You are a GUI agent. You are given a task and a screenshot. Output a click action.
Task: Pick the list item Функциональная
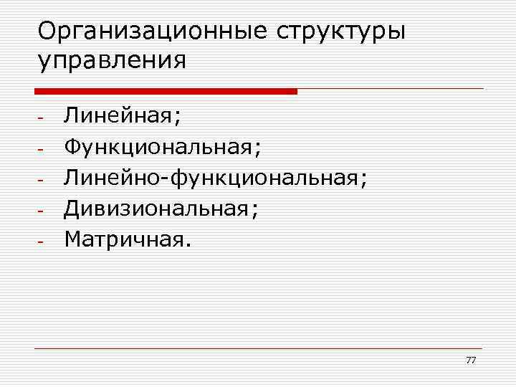tap(158, 148)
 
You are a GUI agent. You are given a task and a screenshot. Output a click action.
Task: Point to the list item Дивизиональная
tap(157, 209)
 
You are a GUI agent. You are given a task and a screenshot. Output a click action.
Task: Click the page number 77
tap(470, 360)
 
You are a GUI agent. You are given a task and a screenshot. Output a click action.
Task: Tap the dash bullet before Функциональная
tap(42, 149)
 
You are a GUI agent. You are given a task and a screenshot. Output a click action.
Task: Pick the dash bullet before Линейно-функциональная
tap(42, 180)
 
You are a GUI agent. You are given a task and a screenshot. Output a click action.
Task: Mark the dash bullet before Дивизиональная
tap(42, 211)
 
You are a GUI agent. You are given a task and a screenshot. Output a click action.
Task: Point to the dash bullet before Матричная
tap(42, 242)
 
